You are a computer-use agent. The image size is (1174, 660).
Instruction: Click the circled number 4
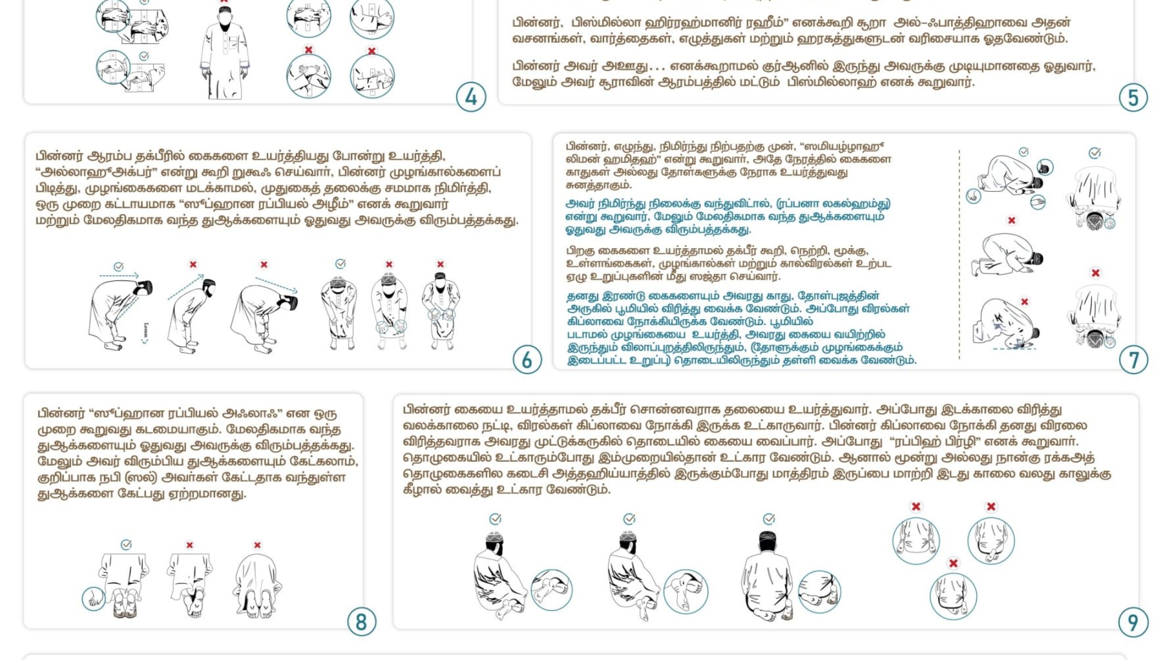pyautogui.click(x=471, y=97)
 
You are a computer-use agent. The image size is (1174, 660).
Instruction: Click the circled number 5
pyautogui.click(x=1133, y=97)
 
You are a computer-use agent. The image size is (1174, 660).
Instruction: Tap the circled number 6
pyautogui.click(x=527, y=360)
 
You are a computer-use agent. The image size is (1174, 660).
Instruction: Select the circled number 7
pyautogui.click(x=1133, y=360)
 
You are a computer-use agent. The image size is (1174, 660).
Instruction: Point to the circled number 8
pyautogui.click(x=361, y=622)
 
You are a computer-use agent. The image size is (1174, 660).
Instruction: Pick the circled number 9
pyautogui.click(x=1133, y=622)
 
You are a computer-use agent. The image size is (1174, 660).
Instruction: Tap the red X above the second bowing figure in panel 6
pyautogui.click(x=193, y=265)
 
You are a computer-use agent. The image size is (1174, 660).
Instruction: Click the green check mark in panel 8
pyautogui.click(x=126, y=545)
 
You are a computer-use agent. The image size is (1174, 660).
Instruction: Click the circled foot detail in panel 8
pyautogui.click(x=93, y=598)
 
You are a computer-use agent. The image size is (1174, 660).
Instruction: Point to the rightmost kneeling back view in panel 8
pyautogui.click(x=257, y=587)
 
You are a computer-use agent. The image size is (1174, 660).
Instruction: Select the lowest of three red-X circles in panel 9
pyautogui.click(x=953, y=595)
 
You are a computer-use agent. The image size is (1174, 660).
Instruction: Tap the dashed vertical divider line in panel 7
pyautogui.click(x=959, y=252)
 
